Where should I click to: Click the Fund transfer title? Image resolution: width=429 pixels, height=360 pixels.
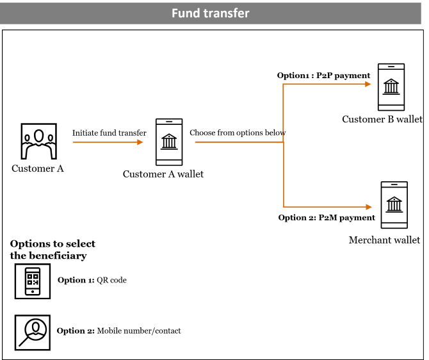point(210,13)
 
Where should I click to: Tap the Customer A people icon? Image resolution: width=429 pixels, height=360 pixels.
point(38,141)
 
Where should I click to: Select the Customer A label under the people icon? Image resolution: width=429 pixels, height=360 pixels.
point(38,169)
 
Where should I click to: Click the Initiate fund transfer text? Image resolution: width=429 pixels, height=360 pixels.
point(109,133)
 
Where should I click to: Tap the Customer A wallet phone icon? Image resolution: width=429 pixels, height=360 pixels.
point(169,142)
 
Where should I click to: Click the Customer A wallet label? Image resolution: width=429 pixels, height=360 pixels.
point(163,174)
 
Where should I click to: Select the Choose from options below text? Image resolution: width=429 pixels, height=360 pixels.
point(238,133)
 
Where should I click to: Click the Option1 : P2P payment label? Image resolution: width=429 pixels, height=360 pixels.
point(323,76)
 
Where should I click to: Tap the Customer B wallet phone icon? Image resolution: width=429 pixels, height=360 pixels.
point(391,87)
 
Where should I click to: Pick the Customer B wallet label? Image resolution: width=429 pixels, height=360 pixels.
point(382,119)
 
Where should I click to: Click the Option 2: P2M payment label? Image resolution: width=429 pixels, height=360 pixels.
point(327,218)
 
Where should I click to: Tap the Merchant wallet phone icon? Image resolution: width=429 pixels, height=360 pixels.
point(394,205)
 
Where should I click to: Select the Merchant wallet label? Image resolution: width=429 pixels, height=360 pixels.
point(384,240)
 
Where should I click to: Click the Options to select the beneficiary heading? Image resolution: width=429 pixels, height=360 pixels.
point(53,250)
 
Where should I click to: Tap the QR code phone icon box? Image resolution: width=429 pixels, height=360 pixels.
point(33,281)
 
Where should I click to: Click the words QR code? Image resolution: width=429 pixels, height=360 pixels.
point(111,280)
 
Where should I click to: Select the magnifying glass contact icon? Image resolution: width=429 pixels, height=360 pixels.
point(33,332)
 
